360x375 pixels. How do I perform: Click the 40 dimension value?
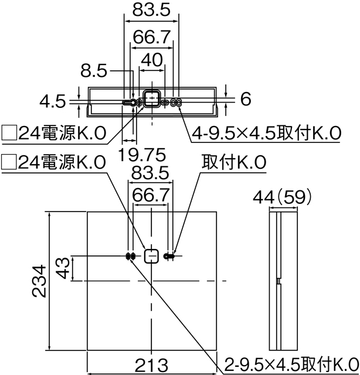pyautogui.click(x=151, y=60)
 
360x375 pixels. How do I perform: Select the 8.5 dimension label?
pyautogui.click(x=94, y=71)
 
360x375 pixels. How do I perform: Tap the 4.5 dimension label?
pyautogui.click(x=53, y=101)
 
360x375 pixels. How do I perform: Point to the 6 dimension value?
pyautogui.click(x=245, y=99)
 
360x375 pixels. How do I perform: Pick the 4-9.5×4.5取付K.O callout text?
pyautogui.click(x=266, y=134)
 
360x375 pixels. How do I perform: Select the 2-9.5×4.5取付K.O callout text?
pyautogui.click(x=287, y=363)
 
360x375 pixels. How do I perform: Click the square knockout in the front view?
pyautogui.click(x=151, y=256)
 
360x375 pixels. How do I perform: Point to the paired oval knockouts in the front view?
pyautogui.click(x=130, y=256)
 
